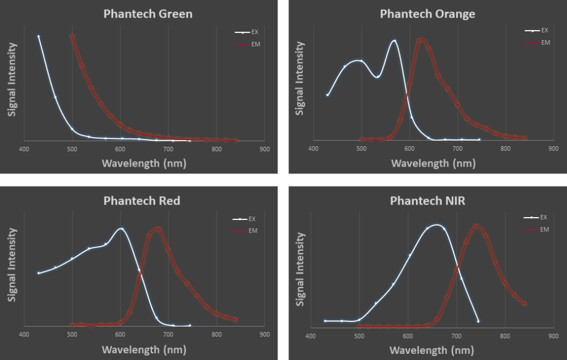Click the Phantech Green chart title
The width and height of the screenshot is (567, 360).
click(x=148, y=14)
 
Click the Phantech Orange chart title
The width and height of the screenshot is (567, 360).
click(x=427, y=14)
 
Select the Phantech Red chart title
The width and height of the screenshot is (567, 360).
click(x=142, y=201)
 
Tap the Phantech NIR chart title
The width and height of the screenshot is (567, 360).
click(x=427, y=201)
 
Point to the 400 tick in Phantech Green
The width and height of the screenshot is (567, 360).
click(x=24, y=149)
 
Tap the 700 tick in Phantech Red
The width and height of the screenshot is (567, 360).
click(x=168, y=334)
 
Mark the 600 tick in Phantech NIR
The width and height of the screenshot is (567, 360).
click(x=407, y=336)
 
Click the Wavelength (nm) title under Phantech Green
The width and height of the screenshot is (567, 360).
click(x=144, y=163)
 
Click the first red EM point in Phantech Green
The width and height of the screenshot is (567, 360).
click(x=72, y=36)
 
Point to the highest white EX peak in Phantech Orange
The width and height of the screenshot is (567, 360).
click(x=394, y=41)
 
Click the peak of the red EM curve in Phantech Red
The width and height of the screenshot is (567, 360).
click(x=158, y=229)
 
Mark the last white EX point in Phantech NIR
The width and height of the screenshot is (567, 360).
click(x=478, y=321)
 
